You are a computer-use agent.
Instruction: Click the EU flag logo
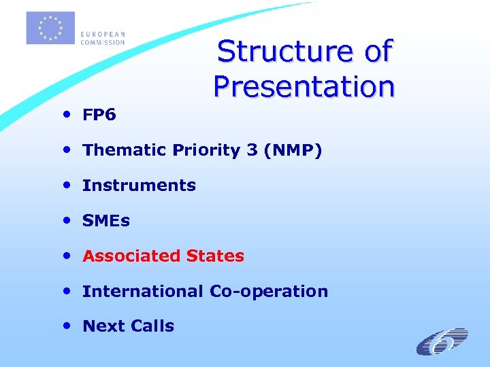[50, 27]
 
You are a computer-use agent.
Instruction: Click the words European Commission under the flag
[103, 38]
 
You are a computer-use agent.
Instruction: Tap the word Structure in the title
[285, 52]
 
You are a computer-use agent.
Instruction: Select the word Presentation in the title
[304, 86]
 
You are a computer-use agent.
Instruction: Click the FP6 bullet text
[99, 115]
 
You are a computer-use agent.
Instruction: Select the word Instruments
[139, 186]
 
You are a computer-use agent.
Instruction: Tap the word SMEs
[105, 221]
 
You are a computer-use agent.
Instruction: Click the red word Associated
[124, 256]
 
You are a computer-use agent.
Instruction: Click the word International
[143, 292]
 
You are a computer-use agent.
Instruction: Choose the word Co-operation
[269, 292]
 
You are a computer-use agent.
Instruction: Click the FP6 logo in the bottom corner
[442, 341]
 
